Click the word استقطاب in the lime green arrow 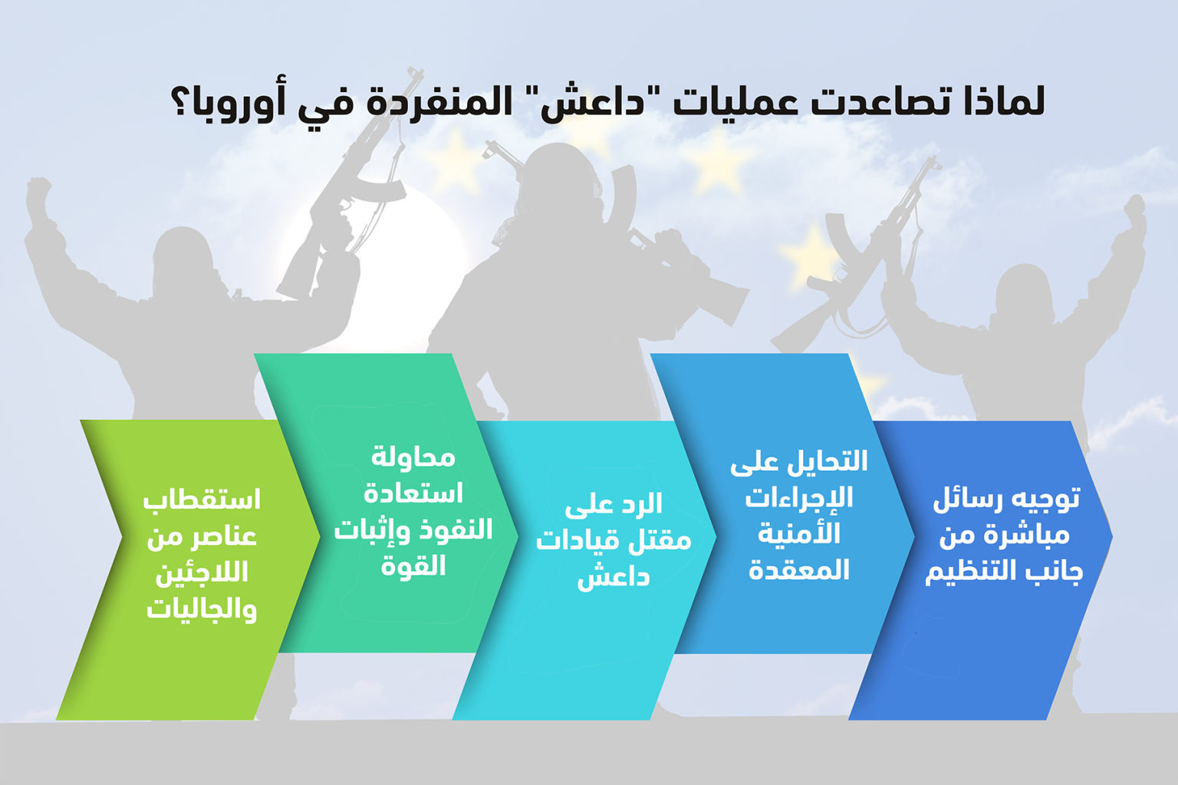tap(202, 500)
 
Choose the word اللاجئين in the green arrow tap(202, 573)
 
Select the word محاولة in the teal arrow tap(413, 457)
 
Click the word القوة tap(413, 566)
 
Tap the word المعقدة tap(799, 570)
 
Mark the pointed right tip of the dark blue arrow tap(1112, 536)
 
